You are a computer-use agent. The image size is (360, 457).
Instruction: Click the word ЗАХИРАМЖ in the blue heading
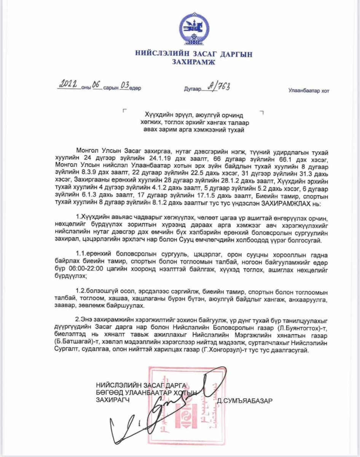coord(194,62)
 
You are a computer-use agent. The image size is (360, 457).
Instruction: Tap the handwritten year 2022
coord(68,85)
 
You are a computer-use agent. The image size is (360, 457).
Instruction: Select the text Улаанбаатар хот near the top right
coord(309,91)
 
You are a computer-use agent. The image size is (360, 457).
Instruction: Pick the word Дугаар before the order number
coord(192,89)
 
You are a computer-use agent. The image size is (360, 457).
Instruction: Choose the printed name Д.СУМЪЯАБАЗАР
coord(245,400)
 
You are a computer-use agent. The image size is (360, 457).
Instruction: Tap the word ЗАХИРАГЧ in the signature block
coord(111,400)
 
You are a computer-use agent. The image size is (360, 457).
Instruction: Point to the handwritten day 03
coord(124,86)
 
